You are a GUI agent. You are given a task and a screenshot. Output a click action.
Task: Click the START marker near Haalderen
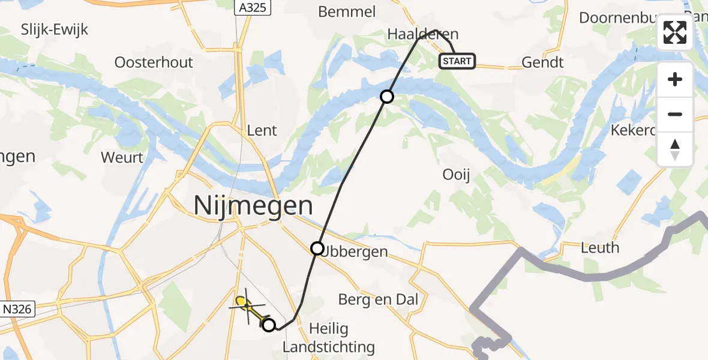click(457, 61)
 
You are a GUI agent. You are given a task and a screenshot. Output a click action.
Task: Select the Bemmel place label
click(347, 11)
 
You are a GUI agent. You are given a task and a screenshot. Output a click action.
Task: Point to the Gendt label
click(542, 62)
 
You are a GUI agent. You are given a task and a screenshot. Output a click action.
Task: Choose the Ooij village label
click(455, 175)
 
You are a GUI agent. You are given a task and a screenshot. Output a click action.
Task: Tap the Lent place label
click(262, 130)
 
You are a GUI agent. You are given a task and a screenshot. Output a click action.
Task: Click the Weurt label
click(122, 157)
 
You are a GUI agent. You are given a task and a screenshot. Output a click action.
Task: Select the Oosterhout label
click(154, 62)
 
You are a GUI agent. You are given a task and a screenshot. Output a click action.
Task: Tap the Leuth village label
click(599, 247)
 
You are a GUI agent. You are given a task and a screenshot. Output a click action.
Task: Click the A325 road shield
click(253, 7)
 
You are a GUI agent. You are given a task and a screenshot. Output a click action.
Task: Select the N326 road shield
click(18, 310)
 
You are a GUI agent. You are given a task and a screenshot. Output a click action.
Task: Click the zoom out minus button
click(675, 114)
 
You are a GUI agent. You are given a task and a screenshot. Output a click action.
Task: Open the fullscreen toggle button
click(675, 32)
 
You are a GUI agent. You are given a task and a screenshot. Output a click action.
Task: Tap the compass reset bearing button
click(675, 149)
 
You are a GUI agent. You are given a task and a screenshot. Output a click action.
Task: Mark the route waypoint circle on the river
click(387, 96)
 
